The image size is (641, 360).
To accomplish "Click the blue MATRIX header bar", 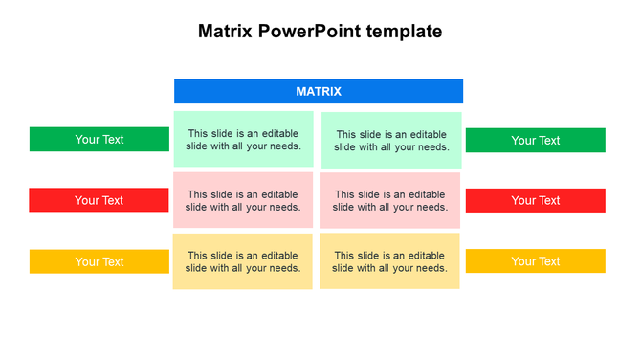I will (319, 91).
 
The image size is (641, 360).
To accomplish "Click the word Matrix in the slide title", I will (226, 31).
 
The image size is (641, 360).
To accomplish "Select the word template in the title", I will (408, 31).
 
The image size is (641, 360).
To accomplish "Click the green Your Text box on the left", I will (99, 139).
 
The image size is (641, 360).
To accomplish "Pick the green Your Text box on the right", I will (535, 140).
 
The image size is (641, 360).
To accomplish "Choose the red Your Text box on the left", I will (99, 200).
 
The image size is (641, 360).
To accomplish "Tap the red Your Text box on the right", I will (535, 200).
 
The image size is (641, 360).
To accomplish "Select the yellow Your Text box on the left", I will (99, 261).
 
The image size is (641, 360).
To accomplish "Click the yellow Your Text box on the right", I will (535, 261).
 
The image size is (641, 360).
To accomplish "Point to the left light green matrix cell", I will (243, 140).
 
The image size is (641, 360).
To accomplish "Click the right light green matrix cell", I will (391, 141).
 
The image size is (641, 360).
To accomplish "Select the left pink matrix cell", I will (243, 200).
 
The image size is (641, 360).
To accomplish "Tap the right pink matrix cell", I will (389, 200).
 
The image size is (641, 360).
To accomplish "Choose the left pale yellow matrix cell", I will (243, 261).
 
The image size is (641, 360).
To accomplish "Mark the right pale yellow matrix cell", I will (389, 261).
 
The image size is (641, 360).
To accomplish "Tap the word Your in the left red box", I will (87, 200).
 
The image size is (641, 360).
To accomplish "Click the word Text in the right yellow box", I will (548, 261).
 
